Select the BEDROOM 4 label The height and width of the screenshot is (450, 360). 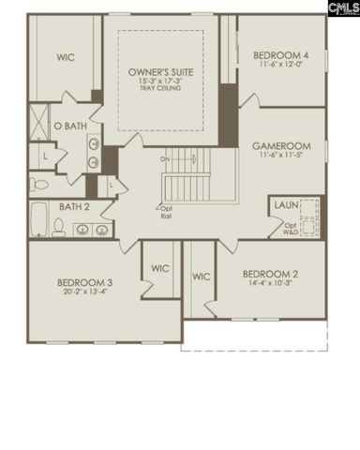(x=281, y=56)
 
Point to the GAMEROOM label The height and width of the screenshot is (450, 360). (x=280, y=147)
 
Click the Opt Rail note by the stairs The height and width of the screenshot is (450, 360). (x=166, y=212)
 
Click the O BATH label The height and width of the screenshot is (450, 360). (x=70, y=126)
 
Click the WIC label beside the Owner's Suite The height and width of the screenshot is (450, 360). (x=65, y=57)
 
